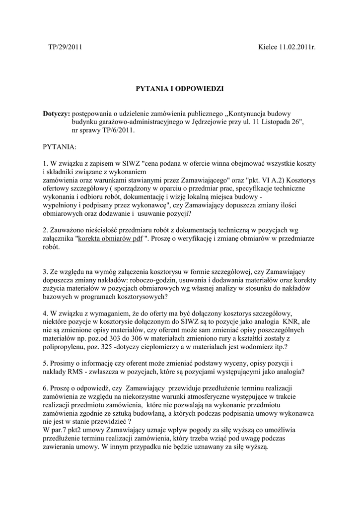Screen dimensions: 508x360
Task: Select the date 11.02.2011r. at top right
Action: point(296,48)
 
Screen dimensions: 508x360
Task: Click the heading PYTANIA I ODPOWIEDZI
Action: point(180,88)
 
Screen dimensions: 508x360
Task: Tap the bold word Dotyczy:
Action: point(57,114)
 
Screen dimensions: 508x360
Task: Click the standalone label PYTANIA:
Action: point(60,147)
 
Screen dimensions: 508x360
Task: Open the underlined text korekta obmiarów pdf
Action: point(110,238)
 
